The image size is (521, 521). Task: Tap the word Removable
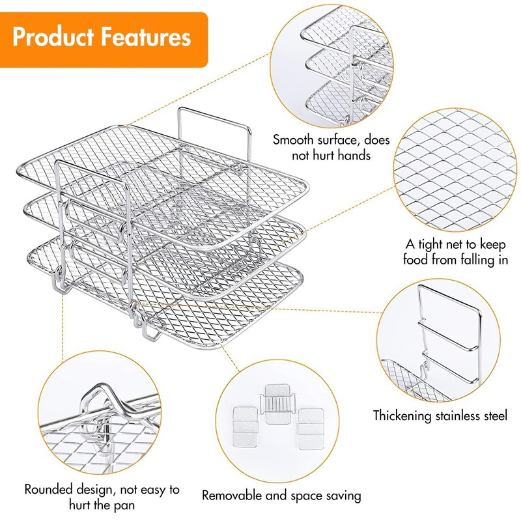coord(232,495)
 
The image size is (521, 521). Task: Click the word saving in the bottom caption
coord(341,495)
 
